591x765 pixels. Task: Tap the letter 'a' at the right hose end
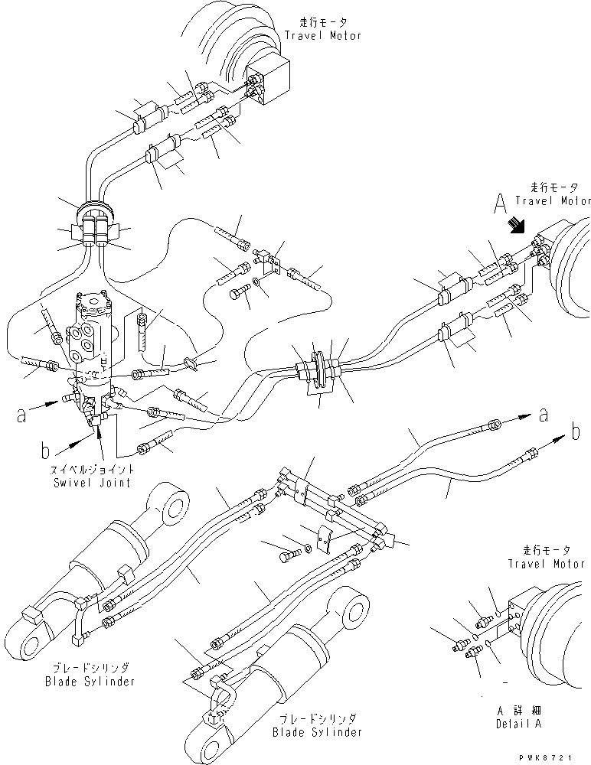point(544,415)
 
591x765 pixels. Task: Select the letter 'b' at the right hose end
point(576,433)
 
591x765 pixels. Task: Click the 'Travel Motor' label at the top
point(323,36)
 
